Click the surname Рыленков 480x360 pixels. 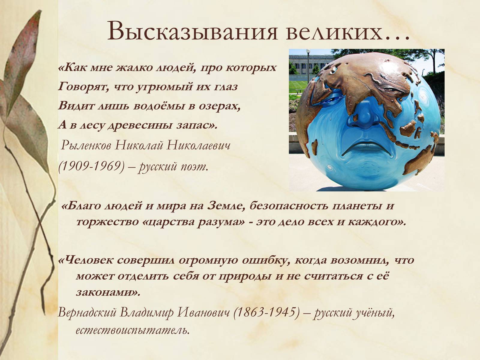86,145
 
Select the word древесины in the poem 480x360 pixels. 140,125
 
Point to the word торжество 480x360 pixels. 107,222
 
